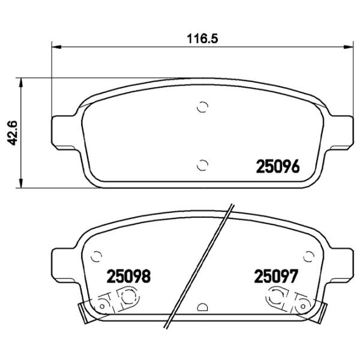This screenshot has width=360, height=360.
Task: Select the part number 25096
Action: tap(277, 167)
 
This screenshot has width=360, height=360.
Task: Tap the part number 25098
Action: tap(128, 277)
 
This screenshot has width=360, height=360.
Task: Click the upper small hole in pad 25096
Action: tap(203, 107)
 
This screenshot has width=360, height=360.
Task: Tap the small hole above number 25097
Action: tap(308, 256)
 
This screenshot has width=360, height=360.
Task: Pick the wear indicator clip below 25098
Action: tap(114, 300)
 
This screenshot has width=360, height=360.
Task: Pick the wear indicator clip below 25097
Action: tap(290, 300)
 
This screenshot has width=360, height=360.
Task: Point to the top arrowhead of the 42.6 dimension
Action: tap(22, 81)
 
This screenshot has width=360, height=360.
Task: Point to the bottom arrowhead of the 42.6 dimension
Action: tap(22, 183)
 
